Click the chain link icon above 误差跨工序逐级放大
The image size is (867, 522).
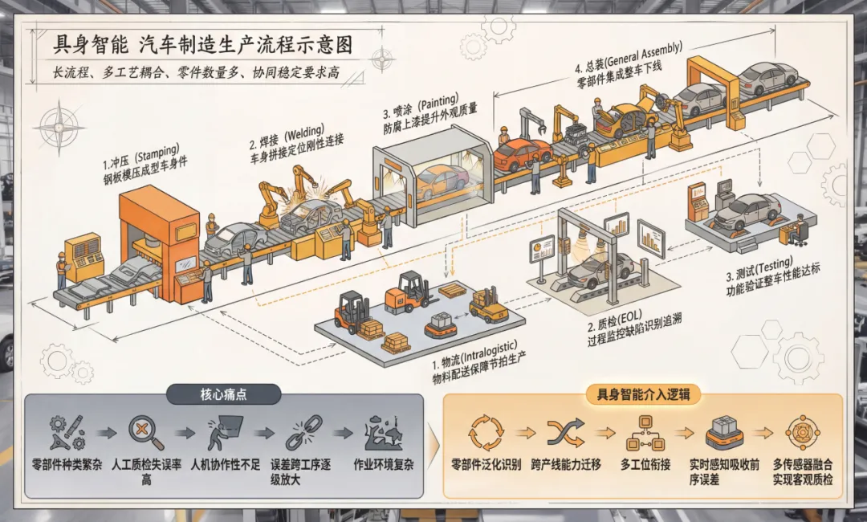[304, 432]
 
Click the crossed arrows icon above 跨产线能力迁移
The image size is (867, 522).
[566, 432]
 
